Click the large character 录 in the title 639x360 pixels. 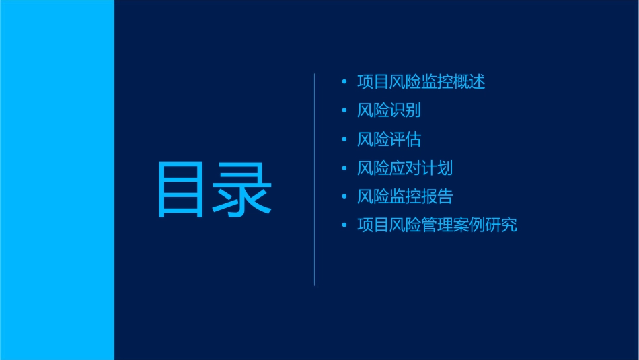pos(243,190)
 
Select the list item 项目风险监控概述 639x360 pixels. pos(421,82)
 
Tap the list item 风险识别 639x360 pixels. pos(389,111)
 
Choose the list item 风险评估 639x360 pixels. pos(389,139)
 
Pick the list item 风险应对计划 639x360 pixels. pos(405,168)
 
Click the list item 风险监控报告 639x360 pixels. pos(405,196)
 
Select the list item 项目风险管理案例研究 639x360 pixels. pos(437,225)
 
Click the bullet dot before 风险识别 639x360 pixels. pos(344,111)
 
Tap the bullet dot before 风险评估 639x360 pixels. pos(344,139)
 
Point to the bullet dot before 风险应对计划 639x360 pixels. pos(344,168)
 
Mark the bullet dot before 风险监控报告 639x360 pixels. pos(344,196)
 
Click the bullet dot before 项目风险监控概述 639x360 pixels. pos(344,82)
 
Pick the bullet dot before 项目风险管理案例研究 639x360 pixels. pos(344,225)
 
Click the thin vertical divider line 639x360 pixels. pos(315,180)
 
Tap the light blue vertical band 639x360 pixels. pos(57,180)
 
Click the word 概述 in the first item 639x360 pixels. pos(469,82)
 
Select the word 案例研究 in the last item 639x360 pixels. pos(486,225)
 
